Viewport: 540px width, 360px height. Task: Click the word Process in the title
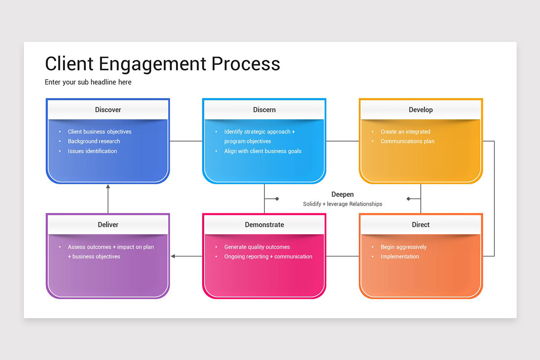click(x=246, y=64)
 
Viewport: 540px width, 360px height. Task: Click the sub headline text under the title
click(x=88, y=82)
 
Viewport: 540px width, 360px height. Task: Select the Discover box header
click(x=108, y=110)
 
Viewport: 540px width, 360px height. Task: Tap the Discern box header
click(x=264, y=110)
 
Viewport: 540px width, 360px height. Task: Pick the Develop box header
click(x=421, y=110)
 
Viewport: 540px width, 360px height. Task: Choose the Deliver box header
click(x=108, y=225)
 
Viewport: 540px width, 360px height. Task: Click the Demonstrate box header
click(x=264, y=225)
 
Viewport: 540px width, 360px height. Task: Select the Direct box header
click(x=421, y=225)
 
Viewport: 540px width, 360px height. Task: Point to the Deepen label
click(x=342, y=194)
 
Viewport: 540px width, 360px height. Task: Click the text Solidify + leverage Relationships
click(x=342, y=204)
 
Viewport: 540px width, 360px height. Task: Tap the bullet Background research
click(x=94, y=141)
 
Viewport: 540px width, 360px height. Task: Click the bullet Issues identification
click(x=92, y=151)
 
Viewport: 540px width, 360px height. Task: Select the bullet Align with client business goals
click(x=263, y=151)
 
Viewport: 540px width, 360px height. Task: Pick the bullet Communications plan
click(x=407, y=141)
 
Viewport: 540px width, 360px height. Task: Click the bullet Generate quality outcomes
click(x=257, y=247)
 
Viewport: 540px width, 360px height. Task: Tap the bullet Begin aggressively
click(x=403, y=247)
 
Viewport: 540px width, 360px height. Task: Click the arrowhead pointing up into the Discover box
click(x=108, y=186)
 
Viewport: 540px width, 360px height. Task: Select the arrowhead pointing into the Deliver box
click(x=173, y=256)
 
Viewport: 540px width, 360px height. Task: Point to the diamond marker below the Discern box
click(x=277, y=198)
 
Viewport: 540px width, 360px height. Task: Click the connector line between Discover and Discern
click(x=186, y=141)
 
